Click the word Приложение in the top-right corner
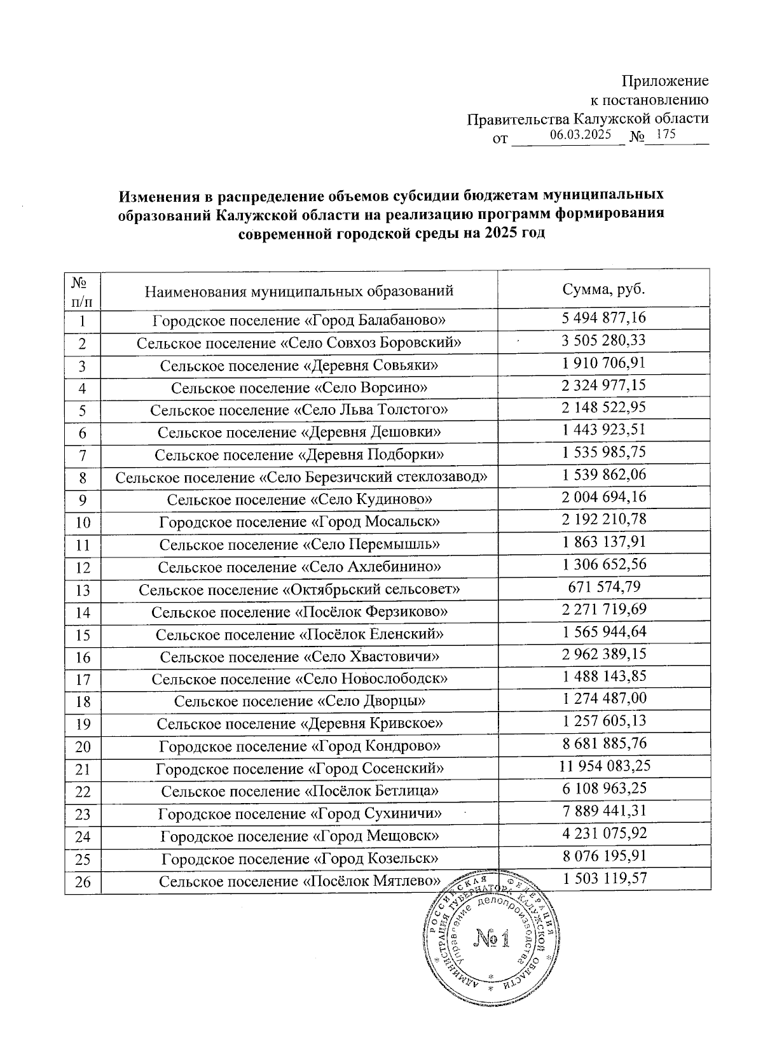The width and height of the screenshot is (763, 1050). point(664,81)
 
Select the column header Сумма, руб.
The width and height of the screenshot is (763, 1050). point(603,290)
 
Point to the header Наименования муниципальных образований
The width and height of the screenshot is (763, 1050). point(299,291)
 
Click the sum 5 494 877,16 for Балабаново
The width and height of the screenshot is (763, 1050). point(603,318)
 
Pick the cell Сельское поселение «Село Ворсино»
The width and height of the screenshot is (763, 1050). point(299,387)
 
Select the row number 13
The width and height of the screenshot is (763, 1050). point(83,591)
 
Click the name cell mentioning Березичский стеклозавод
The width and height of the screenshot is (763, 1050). point(299,477)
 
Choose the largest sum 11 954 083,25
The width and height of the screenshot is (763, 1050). point(605,766)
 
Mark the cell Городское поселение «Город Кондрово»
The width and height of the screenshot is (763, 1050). point(299,746)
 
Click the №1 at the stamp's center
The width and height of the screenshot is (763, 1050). point(493,940)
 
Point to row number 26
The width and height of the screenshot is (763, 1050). point(83,882)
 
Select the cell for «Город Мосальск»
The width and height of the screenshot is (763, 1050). point(299,522)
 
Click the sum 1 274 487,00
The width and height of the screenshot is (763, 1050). point(603,699)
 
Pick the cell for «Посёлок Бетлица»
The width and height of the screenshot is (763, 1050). point(299,791)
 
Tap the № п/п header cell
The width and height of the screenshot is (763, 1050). point(83,290)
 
